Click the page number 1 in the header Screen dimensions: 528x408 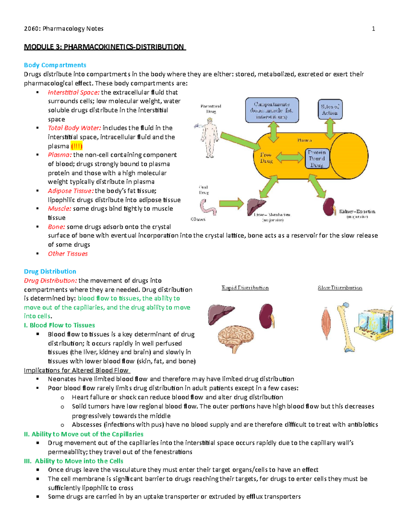pyautogui.click(x=373, y=29)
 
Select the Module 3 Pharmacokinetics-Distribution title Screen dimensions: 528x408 pyautogui.click(x=104, y=47)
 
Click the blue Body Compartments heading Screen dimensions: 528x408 pyautogui.click(x=55, y=65)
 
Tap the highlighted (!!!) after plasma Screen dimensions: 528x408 pyautogui.click(x=76, y=146)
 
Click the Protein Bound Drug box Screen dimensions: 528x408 pyautogui.click(x=317, y=158)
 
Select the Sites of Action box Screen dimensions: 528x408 pyautogui.click(x=330, y=109)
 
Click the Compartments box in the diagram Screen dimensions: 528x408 pyautogui.click(x=272, y=110)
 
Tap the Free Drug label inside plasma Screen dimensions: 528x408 pyautogui.click(x=266, y=158)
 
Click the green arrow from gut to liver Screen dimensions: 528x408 pyautogui.click(x=231, y=204)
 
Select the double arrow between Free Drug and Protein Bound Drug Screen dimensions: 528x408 pyautogui.click(x=290, y=158)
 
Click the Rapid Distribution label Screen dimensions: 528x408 pyautogui.click(x=245, y=288)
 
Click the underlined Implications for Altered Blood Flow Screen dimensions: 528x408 pyautogui.click(x=76, y=370)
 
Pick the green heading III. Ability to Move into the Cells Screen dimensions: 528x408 pyautogui.click(x=73, y=461)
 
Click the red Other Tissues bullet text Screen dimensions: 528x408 pyautogui.click(x=68, y=254)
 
